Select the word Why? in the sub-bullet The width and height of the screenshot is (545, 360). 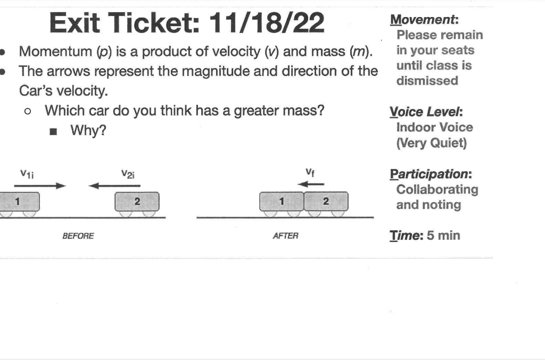(88, 130)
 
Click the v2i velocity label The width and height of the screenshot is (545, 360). (128, 173)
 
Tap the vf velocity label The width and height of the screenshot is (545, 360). (309, 172)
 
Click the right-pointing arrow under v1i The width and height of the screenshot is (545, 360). (40, 186)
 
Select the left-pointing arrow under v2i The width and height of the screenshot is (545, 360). (114, 186)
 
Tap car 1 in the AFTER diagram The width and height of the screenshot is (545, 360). (282, 201)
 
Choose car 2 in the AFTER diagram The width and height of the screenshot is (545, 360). (326, 201)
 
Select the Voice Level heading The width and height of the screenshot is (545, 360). (426, 112)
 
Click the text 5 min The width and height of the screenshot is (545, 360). (442, 235)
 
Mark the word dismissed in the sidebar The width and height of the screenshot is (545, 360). (427, 81)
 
